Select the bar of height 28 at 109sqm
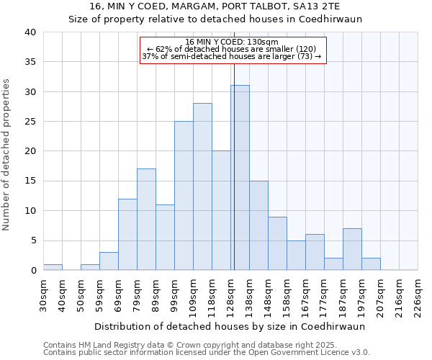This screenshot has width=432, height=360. coord(202,186)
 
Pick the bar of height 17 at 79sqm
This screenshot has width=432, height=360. coord(146,220)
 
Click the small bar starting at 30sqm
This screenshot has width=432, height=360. coord(53,267)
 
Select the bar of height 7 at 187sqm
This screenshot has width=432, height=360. coord(352,249)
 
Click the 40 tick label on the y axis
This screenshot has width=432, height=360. coord(30,32)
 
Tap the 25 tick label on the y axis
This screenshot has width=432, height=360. coord(30,122)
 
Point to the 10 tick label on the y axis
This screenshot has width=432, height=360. coord(30,211)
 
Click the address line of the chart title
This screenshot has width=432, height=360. coord(215,6)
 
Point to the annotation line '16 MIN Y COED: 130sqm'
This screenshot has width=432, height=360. coord(232,42)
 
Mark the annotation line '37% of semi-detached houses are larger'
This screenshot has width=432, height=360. coord(232,56)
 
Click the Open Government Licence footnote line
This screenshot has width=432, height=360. coord(207,353)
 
